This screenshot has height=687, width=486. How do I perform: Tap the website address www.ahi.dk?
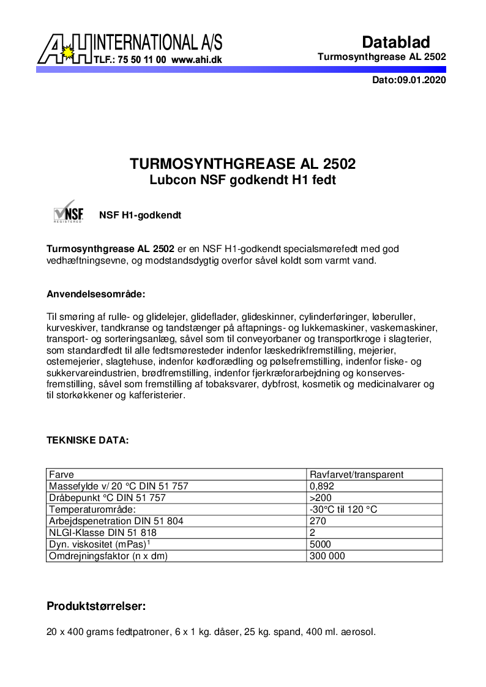(196, 61)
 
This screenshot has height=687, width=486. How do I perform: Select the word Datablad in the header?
(396, 42)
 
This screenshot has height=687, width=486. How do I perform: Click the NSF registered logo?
(68, 212)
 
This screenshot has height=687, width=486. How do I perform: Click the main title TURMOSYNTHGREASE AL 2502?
(243, 165)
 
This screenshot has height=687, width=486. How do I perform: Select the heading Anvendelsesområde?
(96, 294)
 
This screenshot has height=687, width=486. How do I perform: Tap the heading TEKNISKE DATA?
(88, 440)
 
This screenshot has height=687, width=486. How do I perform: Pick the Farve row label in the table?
(61, 475)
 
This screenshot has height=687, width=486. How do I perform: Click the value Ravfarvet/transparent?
(357, 475)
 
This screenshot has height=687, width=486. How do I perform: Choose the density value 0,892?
(323, 486)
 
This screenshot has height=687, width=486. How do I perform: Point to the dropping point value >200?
(321, 498)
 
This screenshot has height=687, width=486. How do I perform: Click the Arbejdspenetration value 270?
(318, 521)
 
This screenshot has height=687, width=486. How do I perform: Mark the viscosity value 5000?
(321, 544)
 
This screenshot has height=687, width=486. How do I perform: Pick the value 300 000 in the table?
(328, 556)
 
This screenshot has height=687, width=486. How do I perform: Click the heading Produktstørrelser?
(96, 607)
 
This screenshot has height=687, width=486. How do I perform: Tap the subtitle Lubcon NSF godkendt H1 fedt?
(243, 180)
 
